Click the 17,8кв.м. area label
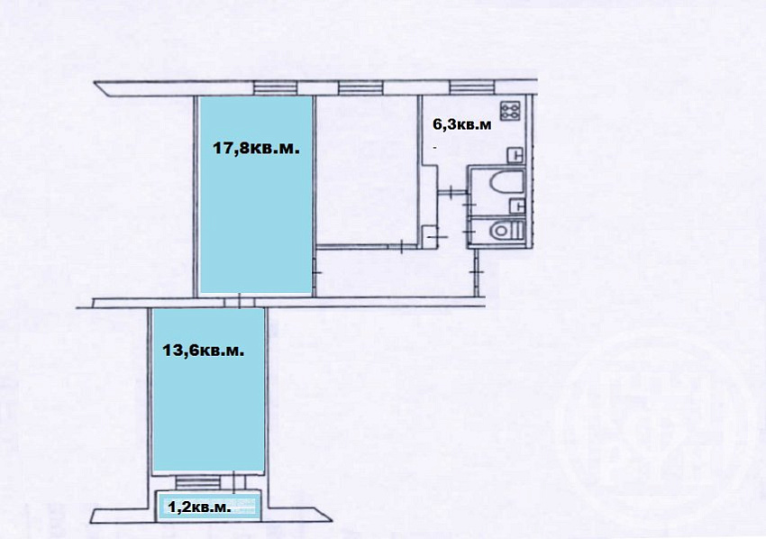256,148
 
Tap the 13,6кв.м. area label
204,351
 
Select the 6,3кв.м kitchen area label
462,124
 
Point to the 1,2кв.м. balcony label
199,507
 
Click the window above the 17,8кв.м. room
275,88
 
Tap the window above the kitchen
472,88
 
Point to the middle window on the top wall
360,88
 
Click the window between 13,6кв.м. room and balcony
195,483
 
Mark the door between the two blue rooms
240,301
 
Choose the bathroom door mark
471,205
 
